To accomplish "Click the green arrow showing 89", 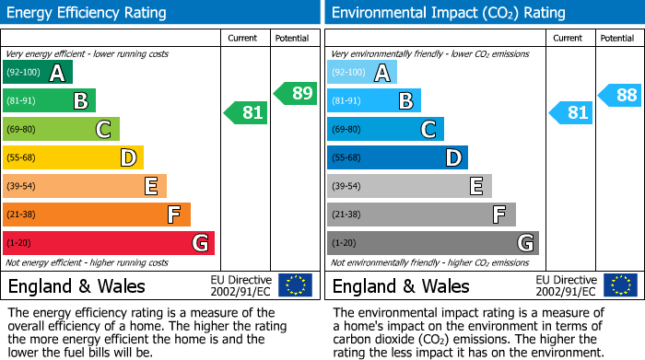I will click(x=296, y=93).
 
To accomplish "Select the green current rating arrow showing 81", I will click(x=247, y=112).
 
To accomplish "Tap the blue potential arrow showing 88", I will click(x=620, y=94).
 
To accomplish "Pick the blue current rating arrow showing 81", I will click(x=571, y=112).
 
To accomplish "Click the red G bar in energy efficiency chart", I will click(x=108, y=243).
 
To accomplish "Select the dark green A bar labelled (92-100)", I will click(x=37, y=73).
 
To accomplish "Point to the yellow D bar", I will click(x=73, y=157).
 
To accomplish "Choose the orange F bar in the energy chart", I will click(x=96, y=215).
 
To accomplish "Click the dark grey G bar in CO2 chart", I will click(x=432, y=243).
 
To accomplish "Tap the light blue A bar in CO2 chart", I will click(x=361, y=73).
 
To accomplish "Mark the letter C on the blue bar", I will click(x=428, y=129).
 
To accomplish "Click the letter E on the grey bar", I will click(x=476, y=186).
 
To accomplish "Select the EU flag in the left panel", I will click(x=295, y=285).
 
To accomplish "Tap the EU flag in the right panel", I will click(x=620, y=285).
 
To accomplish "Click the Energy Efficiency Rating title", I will click(x=88, y=13).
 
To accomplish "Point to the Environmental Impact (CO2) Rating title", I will click(x=448, y=13).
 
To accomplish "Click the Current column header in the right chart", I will click(x=569, y=38).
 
